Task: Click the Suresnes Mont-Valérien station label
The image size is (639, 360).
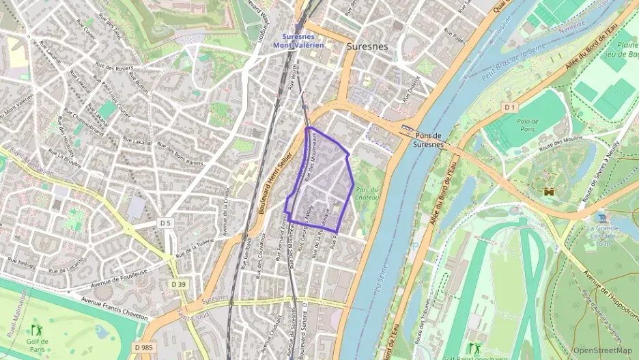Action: point(298,41)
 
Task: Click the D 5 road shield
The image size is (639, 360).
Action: point(165,223)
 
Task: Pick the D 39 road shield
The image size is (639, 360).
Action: point(179,283)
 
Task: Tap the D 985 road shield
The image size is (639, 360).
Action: point(143,348)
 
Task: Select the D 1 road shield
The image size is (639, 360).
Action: point(509,108)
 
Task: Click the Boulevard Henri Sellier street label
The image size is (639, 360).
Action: point(274,184)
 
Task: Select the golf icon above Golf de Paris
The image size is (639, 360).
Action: point(36,330)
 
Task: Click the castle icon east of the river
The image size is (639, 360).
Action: point(548,192)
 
